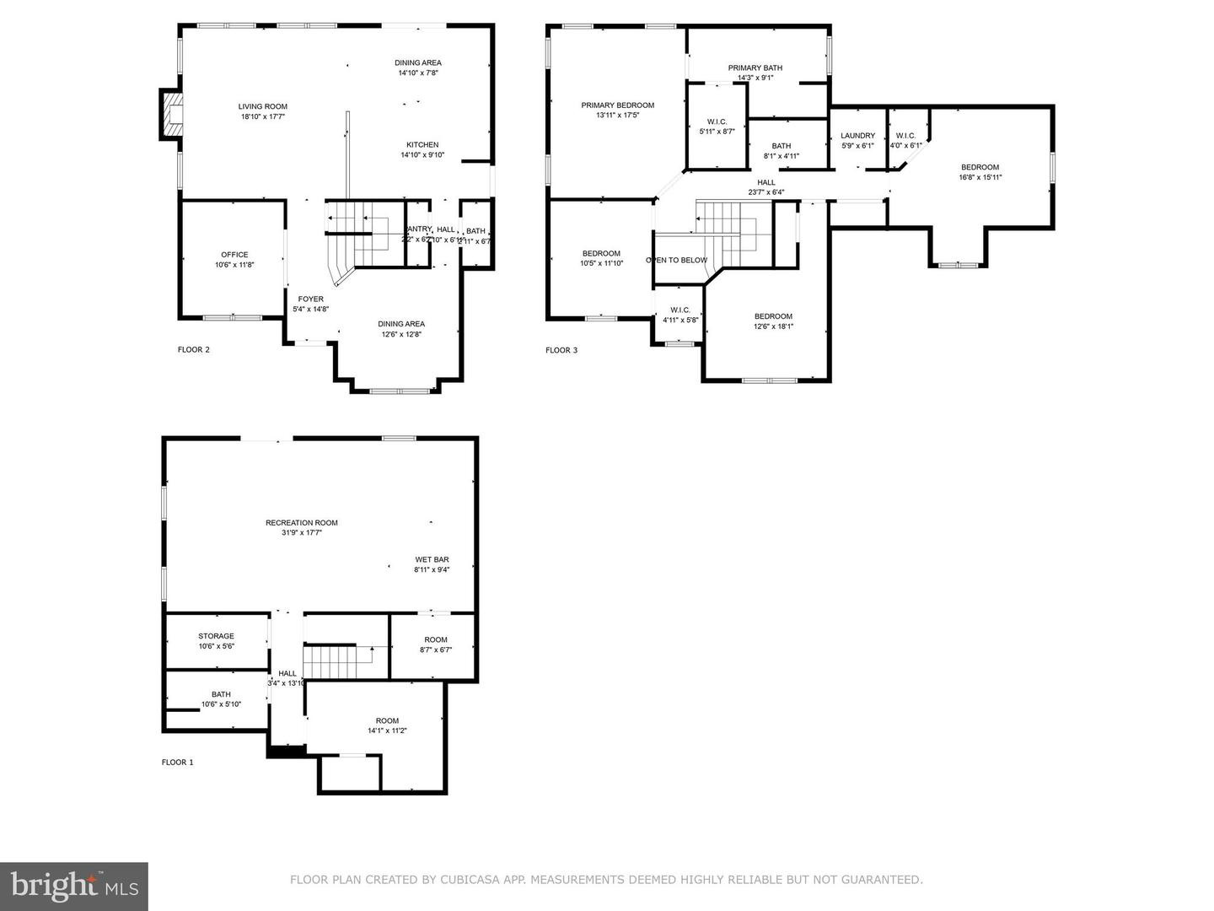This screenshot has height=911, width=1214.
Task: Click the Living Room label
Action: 262,107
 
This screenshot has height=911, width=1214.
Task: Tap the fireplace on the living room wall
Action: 172,114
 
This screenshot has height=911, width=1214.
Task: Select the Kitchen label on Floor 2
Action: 422,145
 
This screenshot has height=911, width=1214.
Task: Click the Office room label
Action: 234,255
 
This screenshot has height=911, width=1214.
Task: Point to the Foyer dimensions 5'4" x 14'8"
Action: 310,310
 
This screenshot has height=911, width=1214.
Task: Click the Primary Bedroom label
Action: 617,105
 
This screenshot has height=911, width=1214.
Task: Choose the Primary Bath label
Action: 755,68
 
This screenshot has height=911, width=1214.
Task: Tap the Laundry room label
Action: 857,136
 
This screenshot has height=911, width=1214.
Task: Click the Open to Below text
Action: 676,260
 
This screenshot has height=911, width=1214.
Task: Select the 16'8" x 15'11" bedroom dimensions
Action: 979,177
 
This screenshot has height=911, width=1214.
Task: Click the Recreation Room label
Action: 301,523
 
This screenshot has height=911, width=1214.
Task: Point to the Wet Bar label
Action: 431,559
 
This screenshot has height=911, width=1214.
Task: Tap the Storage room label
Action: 216,636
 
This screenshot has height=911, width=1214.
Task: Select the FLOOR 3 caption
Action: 561,350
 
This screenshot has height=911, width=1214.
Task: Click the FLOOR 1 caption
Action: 177,763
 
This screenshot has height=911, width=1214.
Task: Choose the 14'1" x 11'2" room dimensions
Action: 387,730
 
